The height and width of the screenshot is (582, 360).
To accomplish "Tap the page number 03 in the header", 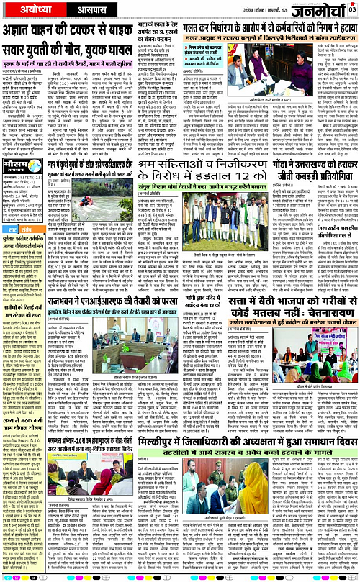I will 352,9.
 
